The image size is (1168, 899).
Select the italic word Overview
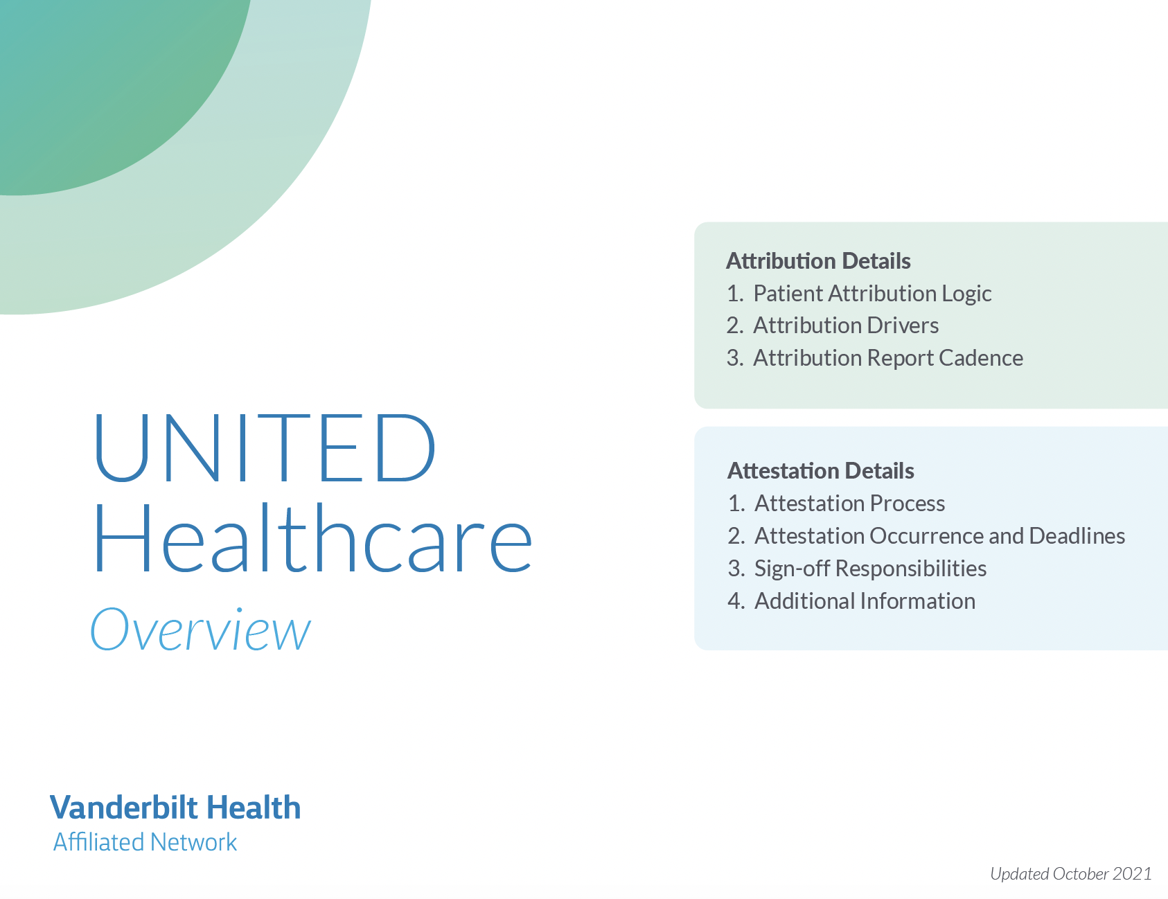point(201,630)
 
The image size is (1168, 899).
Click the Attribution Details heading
point(818,261)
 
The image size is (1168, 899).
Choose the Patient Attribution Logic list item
point(872,294)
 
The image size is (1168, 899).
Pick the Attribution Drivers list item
point(846,326)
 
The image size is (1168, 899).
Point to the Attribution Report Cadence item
point(887,358)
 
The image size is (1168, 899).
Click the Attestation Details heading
point(820,471)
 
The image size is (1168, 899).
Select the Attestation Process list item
point(849,504)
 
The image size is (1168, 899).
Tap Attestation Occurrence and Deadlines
point(939,536)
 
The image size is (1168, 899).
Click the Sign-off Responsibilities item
point(870,569)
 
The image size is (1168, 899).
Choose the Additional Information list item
point(865,601)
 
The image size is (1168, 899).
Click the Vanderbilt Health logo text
point(175,808)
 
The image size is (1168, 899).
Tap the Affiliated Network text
point(145,842)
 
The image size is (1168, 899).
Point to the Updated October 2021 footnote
point(1070,874)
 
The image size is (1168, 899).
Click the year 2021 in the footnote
point(1132,874)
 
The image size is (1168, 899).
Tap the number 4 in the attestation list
point(735,601)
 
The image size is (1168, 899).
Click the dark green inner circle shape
point(104,83)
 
